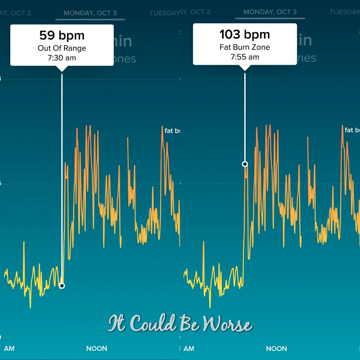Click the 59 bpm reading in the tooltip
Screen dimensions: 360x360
point(62,36)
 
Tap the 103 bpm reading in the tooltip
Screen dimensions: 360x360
point(245,34)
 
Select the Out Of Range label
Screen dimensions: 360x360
point(62,48)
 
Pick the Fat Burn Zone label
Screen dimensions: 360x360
point(245,47)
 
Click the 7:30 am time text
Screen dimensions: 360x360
point(62,58)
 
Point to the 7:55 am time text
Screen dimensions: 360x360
point(245,57)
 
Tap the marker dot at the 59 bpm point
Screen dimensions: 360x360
point(62,286)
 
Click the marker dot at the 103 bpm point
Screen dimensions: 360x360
point(245,164)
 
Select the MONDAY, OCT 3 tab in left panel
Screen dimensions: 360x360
point(90,13)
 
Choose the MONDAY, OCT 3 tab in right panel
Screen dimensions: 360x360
point(270,12)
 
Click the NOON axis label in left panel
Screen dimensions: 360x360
point(97,349)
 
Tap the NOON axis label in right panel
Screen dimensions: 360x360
point(277,349)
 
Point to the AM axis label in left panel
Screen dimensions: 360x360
point(9,349)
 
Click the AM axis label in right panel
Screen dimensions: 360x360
point(189,349)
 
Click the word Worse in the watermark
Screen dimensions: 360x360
point(229,324)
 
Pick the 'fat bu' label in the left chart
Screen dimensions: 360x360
point(172,131)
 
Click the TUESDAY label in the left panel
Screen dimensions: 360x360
point(164,13)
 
